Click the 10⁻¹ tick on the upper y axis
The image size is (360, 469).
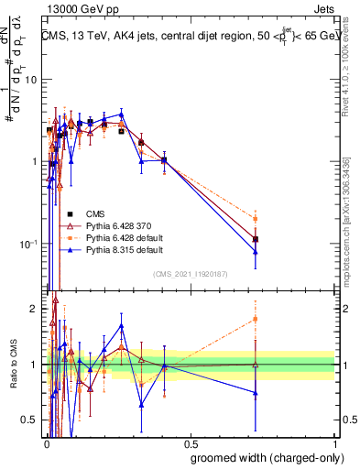click(x=28, y=244)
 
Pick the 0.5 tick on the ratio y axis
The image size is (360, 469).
click(x=33, y=420)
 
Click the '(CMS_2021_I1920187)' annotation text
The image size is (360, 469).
click(x=190, y=274)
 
